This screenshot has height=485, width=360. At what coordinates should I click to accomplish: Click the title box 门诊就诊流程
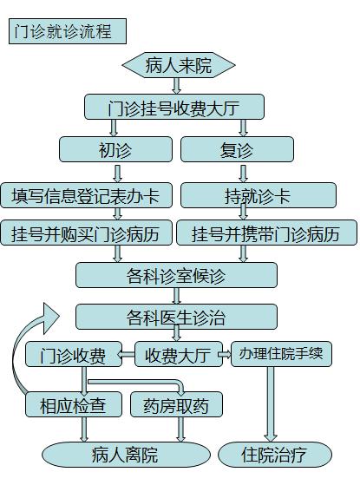pos(68,31)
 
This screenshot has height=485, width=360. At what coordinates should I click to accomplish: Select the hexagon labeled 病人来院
pos(179,65)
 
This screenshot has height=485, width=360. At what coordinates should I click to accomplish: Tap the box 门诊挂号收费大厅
pos(174,107)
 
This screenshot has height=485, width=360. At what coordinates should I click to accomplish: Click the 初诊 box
pos(115,149)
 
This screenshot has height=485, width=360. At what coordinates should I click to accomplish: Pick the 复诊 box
pos(237,149)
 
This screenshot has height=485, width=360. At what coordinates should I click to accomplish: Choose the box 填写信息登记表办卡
pos(86,195)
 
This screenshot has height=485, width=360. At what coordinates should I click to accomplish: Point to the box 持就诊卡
pos(259,195)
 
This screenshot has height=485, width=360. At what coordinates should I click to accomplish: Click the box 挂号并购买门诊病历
pos(86,233)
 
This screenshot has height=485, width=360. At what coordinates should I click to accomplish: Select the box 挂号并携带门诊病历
pos(266,233)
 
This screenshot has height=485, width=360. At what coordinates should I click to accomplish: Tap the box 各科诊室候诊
pos(176,275)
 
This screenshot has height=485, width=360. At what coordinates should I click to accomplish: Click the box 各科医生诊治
pos(176,317)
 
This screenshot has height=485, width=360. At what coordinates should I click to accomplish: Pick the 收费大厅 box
pos(179,354)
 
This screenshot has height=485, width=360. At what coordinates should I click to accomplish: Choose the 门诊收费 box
pos(74,354)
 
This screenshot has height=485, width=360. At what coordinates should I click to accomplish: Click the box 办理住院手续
pos(281,354)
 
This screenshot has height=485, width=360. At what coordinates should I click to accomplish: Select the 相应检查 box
pos(74,404)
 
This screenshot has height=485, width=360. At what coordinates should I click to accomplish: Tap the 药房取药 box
pos(176,404)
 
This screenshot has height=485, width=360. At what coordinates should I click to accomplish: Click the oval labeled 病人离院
pos(126,455)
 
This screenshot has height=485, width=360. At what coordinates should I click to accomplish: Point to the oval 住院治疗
pos(275,455)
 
